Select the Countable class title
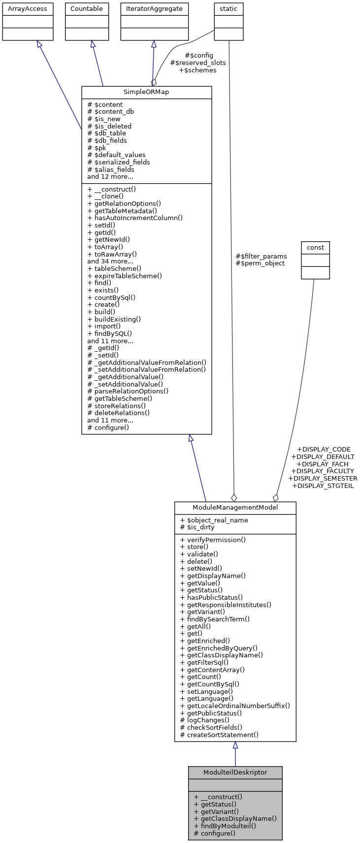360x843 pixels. pyautogui.click(x=87, y=9)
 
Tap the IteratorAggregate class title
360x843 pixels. pyautogui.click(x=154, y=9)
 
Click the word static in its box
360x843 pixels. pyautogui.click(x=229, y=9)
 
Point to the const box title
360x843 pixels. pyautogui.click(x=315, y=247)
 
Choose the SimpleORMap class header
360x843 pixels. pyautogui.click(x=146, y=93)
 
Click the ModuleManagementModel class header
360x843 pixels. pyautogui.click(x=235, y=508)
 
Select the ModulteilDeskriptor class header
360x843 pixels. pyautogui.click(x=235, y=772)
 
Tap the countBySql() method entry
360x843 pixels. pyautogui.click(x=111, y=297)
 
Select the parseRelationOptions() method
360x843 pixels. pyautogui.click(x=128, y=391)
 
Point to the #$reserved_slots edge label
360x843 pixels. pyautogui.click(x=198, y=63)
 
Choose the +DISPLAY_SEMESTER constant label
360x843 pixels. pyautogui.click(x=323, y=478)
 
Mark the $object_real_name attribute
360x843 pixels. pyautogui.click(x=214, y=520)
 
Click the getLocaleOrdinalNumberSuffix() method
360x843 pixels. pyautogui.click(x=235, y=706)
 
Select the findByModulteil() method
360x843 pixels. pyautogui.click(x=225, y=826)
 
